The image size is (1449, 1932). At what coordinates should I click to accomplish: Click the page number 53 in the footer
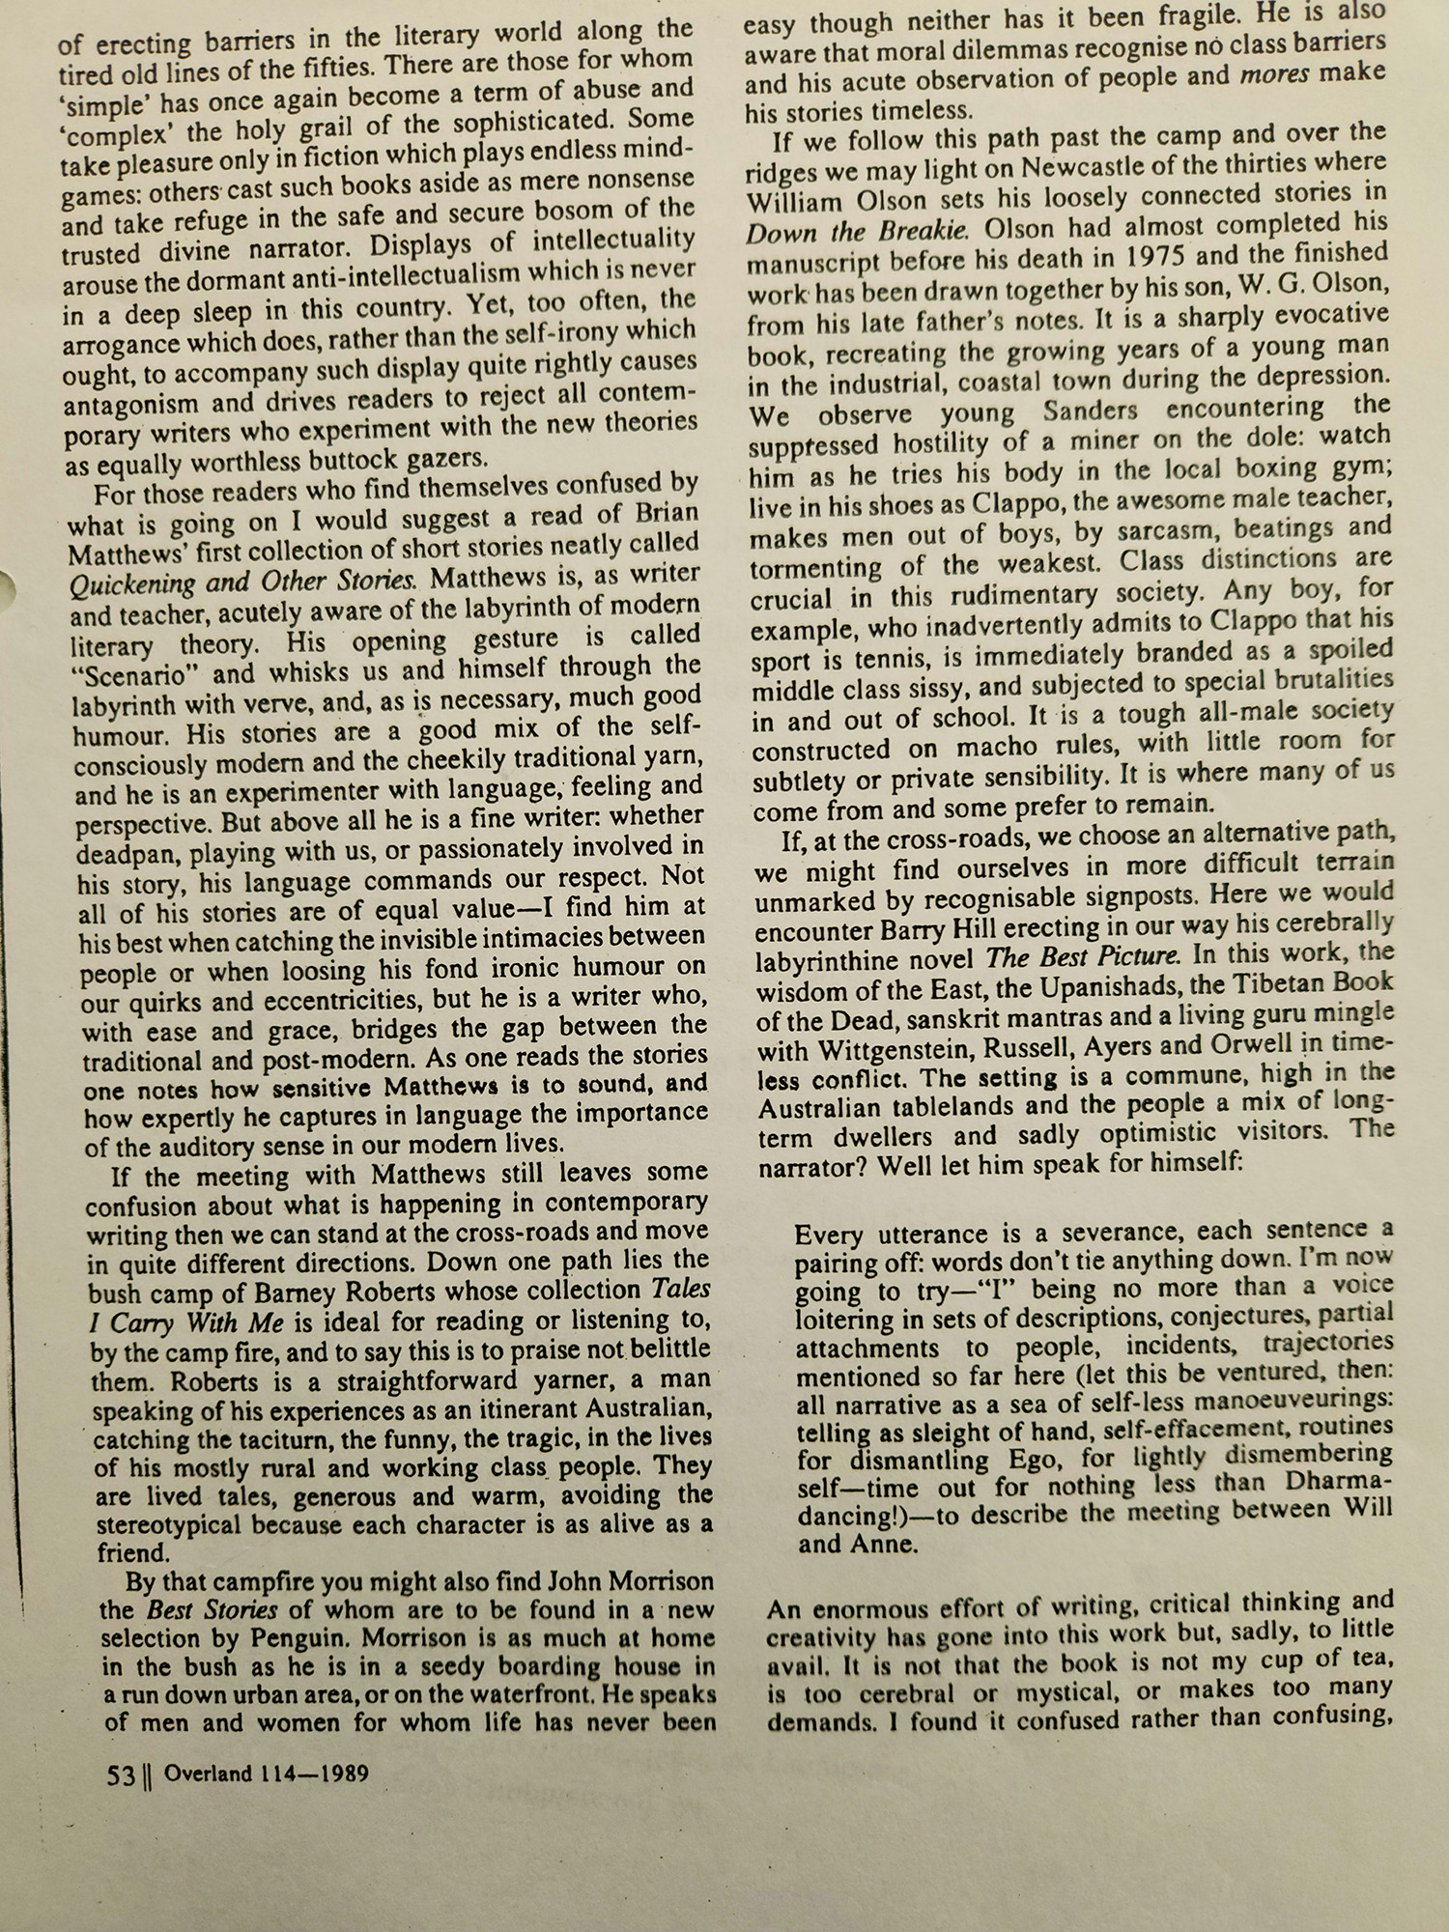120,1776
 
